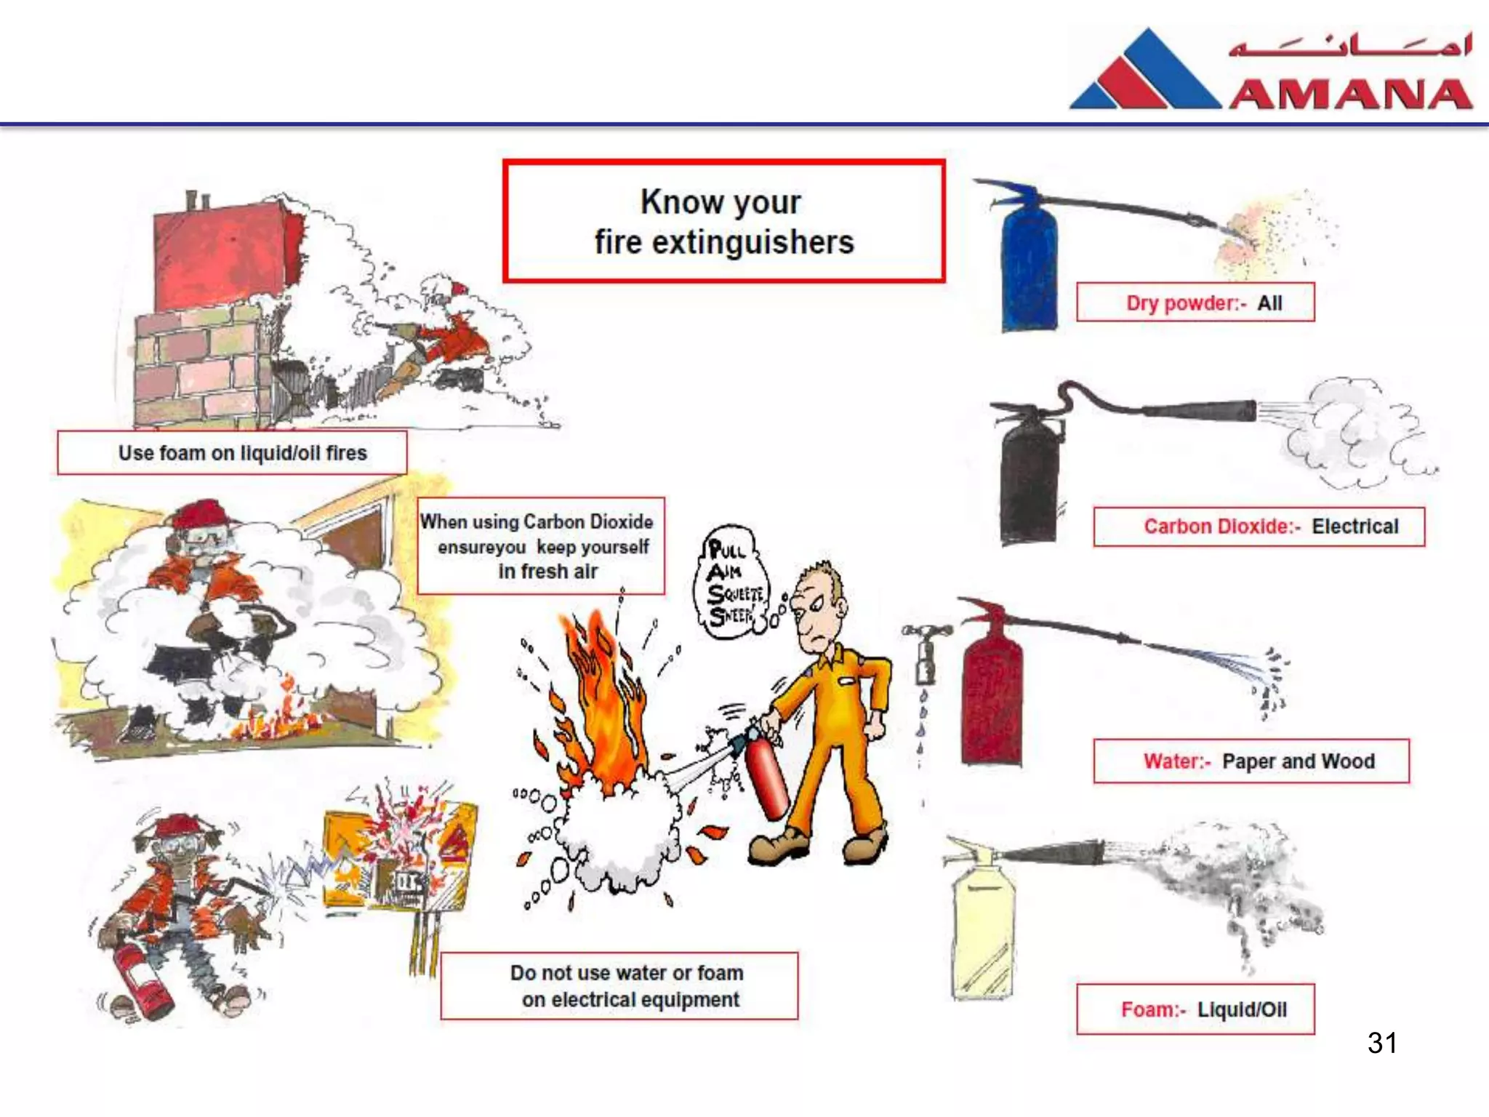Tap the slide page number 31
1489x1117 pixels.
(x=1381, y=1043)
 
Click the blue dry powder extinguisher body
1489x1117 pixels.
(x=1027, y=269)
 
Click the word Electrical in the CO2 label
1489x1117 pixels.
(x=1354, y=527)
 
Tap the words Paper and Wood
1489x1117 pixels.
(x=1298, y=761)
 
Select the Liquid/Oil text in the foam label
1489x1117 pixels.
(x=1242, y=1009)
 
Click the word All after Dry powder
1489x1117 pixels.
(x=1269, y=303)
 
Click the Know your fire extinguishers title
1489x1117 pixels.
(x=723, y=222)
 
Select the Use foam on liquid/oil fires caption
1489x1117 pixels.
(x=242, y=453)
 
